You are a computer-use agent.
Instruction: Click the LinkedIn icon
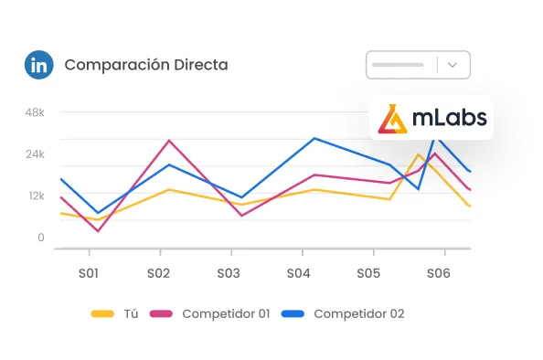click(x=39, y=66)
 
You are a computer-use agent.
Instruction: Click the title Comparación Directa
click(x=146, y=66)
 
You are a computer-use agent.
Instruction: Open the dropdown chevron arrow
click(x=454, y=65)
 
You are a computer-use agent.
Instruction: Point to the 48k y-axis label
click(x=35, y=112)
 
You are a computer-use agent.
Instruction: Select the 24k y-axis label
click(x=35, y=154)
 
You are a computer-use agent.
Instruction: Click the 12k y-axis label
click(x=35, y=196)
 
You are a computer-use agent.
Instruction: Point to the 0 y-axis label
click(x=40, y=238)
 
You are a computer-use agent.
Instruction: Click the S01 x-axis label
click(x=89, y=273)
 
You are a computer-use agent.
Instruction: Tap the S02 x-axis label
click(x=159, y=273)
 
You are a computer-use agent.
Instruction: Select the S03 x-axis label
click(x=229, y=273)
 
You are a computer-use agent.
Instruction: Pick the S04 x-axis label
click(x=299, y=273)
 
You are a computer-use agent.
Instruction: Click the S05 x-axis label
click(x=368, y=273)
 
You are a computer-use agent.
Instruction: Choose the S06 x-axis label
click(x=439, y=273)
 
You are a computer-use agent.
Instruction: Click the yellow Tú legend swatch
click(x=102, y=313)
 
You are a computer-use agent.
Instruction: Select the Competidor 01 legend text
click(x=226, y=313)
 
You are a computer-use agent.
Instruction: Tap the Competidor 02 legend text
click(x=358, y=313)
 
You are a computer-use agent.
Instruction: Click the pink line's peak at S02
click(x=169, y=141)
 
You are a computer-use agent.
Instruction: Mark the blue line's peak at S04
click(x=314, y=139)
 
